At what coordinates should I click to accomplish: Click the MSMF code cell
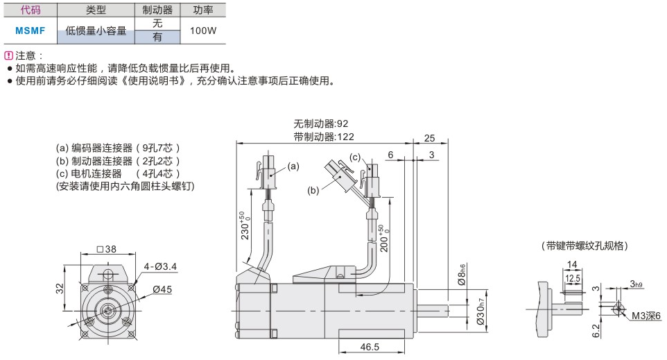(30, 31)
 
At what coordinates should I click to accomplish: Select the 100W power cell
(202, 31)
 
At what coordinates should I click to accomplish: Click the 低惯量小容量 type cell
(96, 31)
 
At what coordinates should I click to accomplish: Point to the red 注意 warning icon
(8, 55)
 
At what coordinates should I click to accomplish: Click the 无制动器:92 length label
(321, 124)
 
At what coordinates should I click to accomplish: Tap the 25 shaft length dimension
(429, 137)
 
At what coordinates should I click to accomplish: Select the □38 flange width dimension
(107, 249)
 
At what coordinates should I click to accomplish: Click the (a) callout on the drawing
(293, 166)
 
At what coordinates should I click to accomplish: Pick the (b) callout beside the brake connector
(313, 189)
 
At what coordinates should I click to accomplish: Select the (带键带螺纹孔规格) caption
(584, 246)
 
